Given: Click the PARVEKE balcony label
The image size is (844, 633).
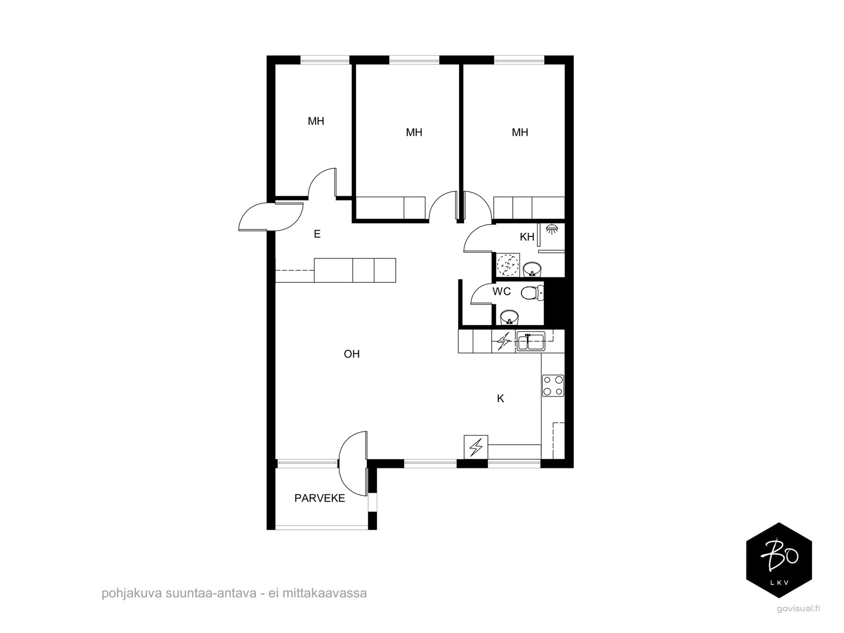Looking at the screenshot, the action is [x=320, y=498].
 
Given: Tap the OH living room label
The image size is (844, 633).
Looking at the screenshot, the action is [x=351, y=353].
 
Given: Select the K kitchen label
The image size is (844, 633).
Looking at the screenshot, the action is [x=500, y=399].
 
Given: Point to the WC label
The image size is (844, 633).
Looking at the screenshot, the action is [x=502, y=291].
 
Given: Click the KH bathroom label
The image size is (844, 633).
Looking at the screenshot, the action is [x=527, y=237].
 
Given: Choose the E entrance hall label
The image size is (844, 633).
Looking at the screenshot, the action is [x=317, y=234].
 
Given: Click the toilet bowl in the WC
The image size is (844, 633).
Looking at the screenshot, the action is [x=532, y=294].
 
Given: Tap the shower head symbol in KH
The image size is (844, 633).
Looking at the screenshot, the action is [x=552, y=229].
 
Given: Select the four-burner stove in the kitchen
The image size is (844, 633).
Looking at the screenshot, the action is [x=553, y=386].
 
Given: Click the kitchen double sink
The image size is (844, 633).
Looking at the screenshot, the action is [x=531, y=341].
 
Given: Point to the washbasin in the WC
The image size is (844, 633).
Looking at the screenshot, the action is [x=510, y=318].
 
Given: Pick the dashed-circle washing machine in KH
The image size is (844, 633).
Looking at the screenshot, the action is [x=507, y=265].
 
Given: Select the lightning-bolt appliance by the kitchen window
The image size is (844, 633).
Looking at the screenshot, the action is [x=476, y=447].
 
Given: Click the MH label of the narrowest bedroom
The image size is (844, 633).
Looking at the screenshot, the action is [x=315, y=121].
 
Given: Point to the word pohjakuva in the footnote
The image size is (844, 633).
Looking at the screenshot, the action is [x=132, y=593].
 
